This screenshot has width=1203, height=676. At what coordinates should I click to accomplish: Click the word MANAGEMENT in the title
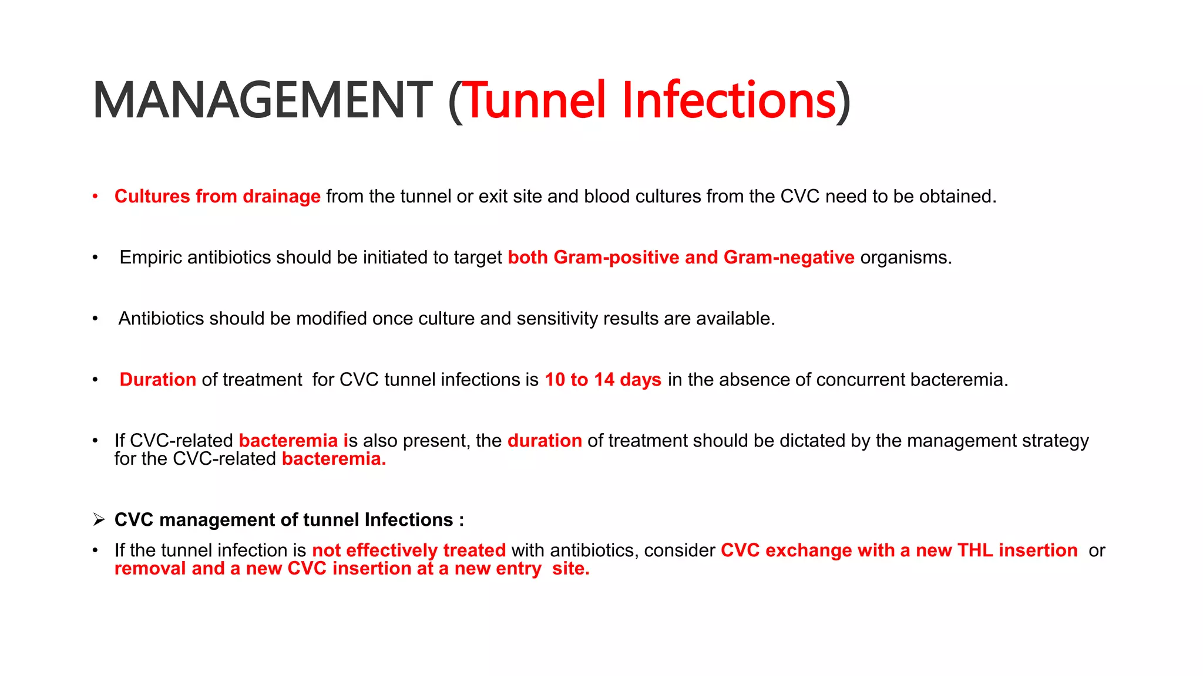(x=263, y=101)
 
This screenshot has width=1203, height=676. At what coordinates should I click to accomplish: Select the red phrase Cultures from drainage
(x=217, y=197)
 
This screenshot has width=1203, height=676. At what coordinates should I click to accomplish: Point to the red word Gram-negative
(x=789, y=258)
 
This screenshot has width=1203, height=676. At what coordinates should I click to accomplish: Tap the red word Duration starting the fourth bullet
(x=157, y=380)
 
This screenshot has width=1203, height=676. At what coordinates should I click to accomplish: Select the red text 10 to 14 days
(x=603, y=380)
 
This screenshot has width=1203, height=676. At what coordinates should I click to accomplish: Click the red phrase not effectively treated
(x=409, y=550)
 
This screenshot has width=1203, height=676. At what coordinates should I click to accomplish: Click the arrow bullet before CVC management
(x=99, y=520)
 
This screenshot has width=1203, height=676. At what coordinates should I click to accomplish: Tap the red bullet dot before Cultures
(x=95, y=197)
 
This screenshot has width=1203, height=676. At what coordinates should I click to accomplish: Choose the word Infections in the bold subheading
(x=408, y=520)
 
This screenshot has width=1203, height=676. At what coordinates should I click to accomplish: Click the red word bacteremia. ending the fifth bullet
(x=334, y=459)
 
